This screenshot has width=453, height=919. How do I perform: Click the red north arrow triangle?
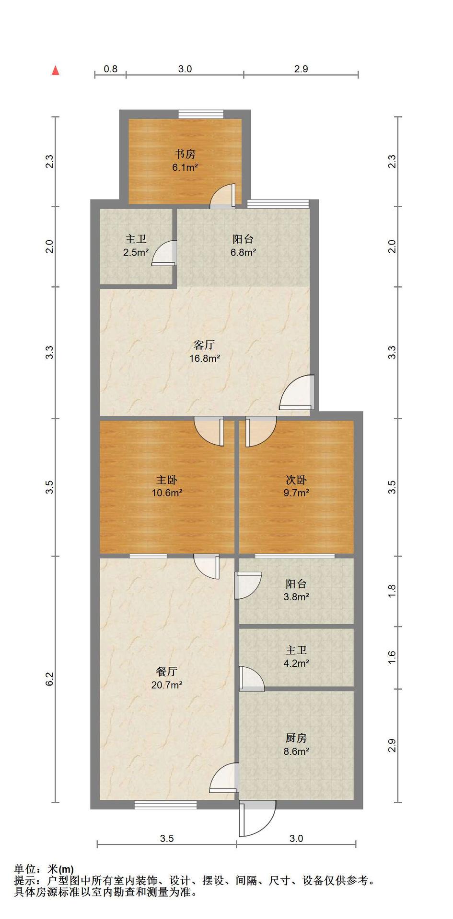tap(56, 70)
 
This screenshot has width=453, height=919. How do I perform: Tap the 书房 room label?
tap(185, 154)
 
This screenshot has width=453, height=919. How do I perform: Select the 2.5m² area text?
tap(136, 252)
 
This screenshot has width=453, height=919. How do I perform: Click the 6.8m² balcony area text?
tap(243, 252)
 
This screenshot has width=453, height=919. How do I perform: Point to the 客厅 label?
tap(204, 345)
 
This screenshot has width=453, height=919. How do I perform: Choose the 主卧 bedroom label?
tap(167, 480)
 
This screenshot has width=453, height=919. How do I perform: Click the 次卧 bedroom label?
tap(296, 480)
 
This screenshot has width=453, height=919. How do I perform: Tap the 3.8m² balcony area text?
tap(296, 597)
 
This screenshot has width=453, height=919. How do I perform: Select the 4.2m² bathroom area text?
tap(296, 663)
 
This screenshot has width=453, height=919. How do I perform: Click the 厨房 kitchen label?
tap(296, 738)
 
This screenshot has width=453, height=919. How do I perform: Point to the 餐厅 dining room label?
tap(167, 671)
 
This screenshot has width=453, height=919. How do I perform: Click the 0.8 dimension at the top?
tap(111, 68)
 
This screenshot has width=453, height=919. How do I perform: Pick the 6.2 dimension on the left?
tap(49, 679)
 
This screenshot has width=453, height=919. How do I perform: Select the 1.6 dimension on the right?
tap(392, 657)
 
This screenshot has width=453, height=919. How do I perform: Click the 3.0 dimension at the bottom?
tap(296, 838)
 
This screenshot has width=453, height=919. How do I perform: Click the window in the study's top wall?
tap(201, 114)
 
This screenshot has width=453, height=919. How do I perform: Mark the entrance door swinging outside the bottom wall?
tap(257, 818)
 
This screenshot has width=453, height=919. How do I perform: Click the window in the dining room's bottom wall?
tap(165, 805)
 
